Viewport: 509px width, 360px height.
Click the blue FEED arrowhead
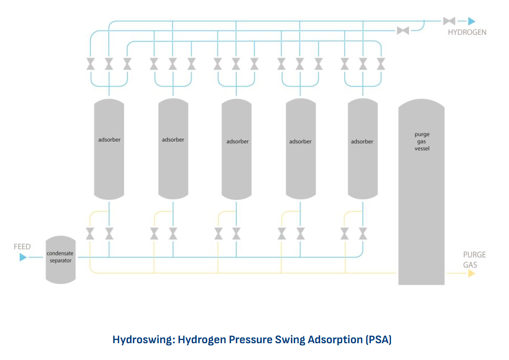[x=23, y=257]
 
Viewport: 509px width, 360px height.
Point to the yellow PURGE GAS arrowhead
[x=471, y=273]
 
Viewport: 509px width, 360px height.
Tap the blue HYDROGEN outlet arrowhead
[x=471, y=22]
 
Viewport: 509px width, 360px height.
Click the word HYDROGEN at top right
[x=467, y=33]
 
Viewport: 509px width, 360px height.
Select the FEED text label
[x=22, y=247]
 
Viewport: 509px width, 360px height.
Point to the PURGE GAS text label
[x=474, y=260]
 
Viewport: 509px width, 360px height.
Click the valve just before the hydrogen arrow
[x=449, y=22]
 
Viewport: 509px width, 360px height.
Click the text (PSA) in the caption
[x=378, y=340]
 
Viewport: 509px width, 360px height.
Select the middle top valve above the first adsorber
[x=109, y=64]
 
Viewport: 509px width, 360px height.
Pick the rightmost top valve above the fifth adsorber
[x=381, y=64]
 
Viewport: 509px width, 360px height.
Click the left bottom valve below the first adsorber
[x=91, y=232]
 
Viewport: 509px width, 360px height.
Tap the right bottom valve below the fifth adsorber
[x=363, y=232]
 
